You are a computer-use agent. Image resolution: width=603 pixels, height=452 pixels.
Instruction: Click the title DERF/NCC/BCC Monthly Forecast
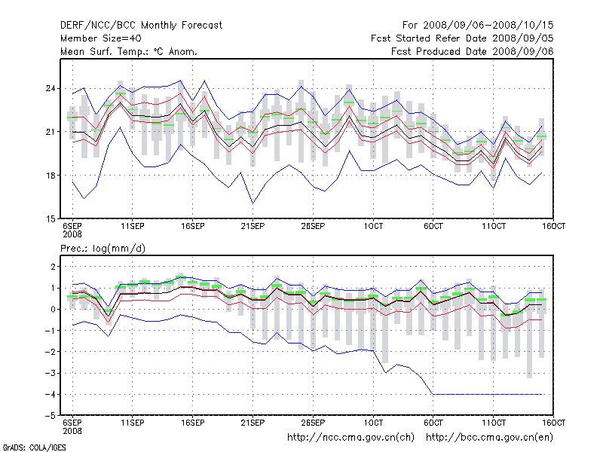point(141,25)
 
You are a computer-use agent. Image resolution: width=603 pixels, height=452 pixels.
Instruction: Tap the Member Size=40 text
point(100,38)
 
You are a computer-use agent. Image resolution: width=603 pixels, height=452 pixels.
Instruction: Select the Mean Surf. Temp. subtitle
point(128,51)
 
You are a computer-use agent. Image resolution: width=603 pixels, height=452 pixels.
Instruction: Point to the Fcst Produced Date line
point(473,51)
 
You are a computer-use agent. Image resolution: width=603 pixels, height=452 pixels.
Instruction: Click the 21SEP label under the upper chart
point(253,226)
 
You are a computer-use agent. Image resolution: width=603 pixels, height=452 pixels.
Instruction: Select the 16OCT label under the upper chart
point(554,226)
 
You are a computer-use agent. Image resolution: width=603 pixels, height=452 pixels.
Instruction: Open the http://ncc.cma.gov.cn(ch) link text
point(352,437)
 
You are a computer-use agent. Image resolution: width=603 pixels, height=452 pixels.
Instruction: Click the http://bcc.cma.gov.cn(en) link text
point(491,437)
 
